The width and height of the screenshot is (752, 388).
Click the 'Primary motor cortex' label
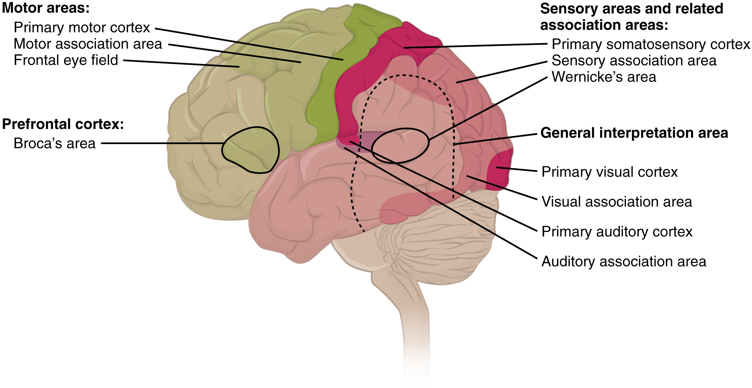(82, 27)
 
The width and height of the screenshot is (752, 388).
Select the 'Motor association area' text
(88, 44)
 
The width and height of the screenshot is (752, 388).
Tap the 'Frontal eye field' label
(66, 60)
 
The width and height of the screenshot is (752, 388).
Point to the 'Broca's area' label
(54, 144)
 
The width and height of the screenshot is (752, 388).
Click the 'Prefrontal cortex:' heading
(63, 124)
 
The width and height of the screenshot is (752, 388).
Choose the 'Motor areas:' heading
(46, 8)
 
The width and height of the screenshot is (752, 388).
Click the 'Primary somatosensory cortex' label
(651, 44)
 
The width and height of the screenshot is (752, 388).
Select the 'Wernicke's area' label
(604, 77)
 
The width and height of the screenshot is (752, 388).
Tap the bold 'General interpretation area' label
(634, 133)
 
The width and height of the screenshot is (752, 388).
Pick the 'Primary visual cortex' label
(609, 172)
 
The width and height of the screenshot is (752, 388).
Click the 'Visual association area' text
(617, 202)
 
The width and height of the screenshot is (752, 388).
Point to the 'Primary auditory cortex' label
(617, 232)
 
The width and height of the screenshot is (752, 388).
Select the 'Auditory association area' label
(624, 262)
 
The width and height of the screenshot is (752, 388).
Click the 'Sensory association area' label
(634, 61)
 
